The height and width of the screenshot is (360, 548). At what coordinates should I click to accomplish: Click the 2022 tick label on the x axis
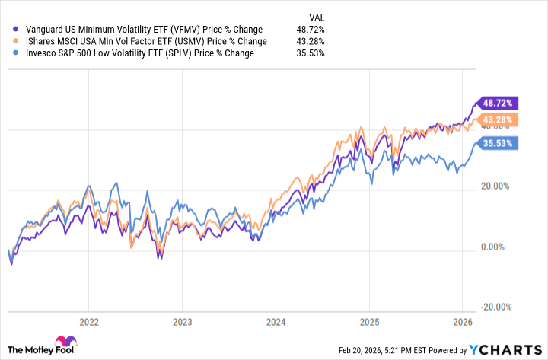[89, 321]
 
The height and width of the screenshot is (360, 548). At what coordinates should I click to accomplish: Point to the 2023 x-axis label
[182, 321]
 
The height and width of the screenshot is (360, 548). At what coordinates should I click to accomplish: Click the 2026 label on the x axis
[461, 321]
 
